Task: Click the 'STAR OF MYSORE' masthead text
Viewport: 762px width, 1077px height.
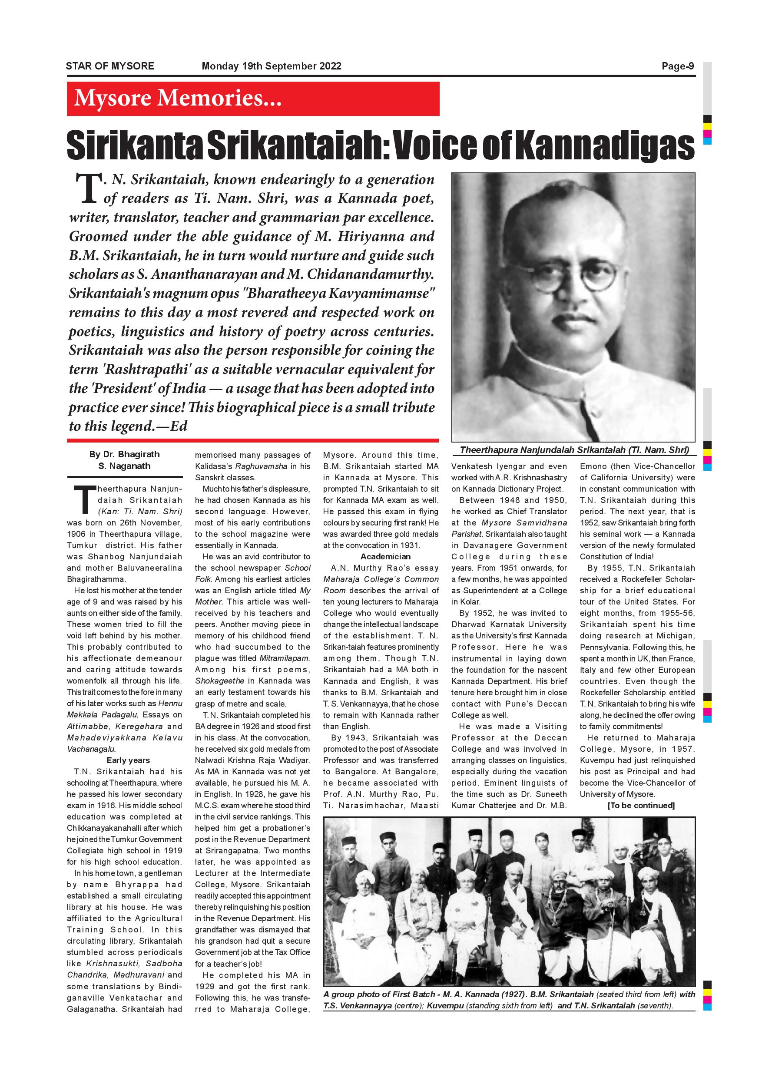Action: pos(110,66)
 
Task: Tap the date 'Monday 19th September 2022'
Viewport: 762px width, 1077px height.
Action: pos(271,66)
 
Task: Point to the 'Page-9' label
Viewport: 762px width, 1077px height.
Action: pos(678,66)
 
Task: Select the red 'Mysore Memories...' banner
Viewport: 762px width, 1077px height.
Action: pos(253,99)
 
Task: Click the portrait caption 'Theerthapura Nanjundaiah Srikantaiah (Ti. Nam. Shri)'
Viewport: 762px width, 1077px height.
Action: pos(574,450)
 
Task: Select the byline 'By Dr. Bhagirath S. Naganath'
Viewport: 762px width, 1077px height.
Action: pos(124,460)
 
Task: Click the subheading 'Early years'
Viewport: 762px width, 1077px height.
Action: pos(128,760)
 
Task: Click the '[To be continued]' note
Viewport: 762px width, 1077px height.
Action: pos(641,806)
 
